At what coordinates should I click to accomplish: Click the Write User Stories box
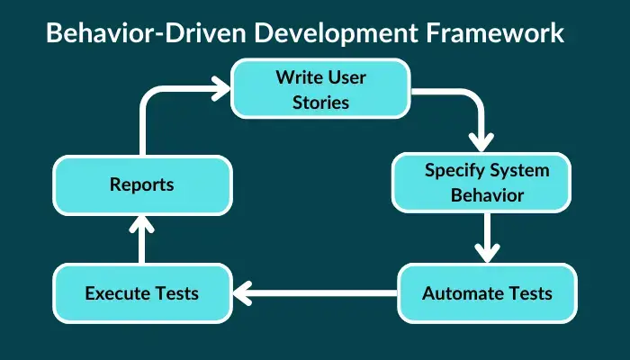tap(320, 89)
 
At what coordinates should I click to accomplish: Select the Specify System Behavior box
tap(481, 183)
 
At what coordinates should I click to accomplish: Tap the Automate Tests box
tap(488, 293)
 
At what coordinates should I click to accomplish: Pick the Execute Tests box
tap(142, 293)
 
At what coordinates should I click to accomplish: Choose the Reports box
tap(142, 185)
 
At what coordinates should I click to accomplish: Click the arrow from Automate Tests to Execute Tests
tap(315, 293)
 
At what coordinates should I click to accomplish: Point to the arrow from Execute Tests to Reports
tap(142, 239)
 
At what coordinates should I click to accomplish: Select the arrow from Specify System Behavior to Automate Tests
tap(488, 238)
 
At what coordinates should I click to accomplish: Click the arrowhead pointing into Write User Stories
tap(221, 88)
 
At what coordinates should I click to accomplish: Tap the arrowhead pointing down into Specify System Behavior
tap(481, 142)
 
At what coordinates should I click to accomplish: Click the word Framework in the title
tap(495, 32)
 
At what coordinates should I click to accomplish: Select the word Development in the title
tap(337, 33)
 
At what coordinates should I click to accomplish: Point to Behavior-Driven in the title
tap(146, 32)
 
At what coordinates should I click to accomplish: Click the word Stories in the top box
tap(320, 102)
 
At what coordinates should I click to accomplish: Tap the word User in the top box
tap(346, 77)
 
